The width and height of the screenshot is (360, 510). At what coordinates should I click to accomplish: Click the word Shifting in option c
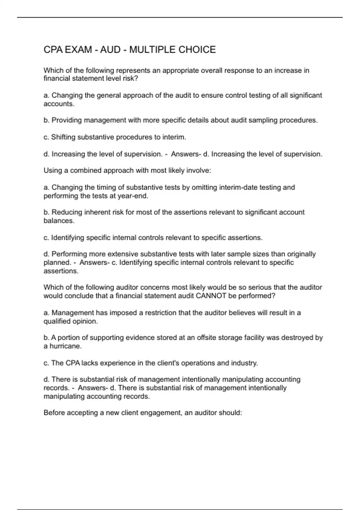63,137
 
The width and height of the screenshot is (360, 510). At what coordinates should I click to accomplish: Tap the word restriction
161,313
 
